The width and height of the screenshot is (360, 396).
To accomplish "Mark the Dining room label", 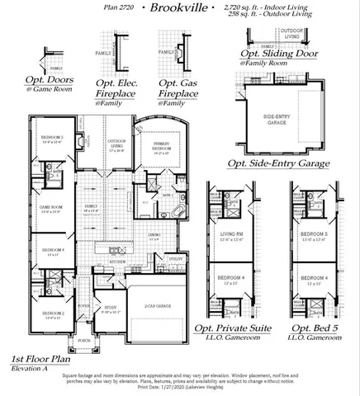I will coord(154,236).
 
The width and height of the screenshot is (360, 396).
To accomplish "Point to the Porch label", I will coord(83,339).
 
